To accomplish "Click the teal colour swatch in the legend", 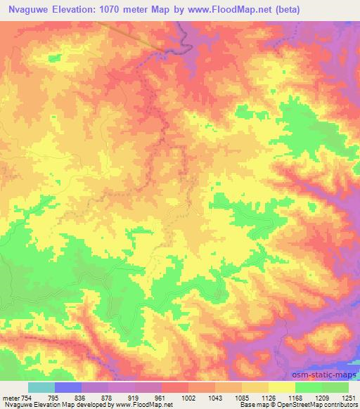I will click(x=41, y=387).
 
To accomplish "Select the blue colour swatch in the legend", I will click(x=68, y=387).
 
